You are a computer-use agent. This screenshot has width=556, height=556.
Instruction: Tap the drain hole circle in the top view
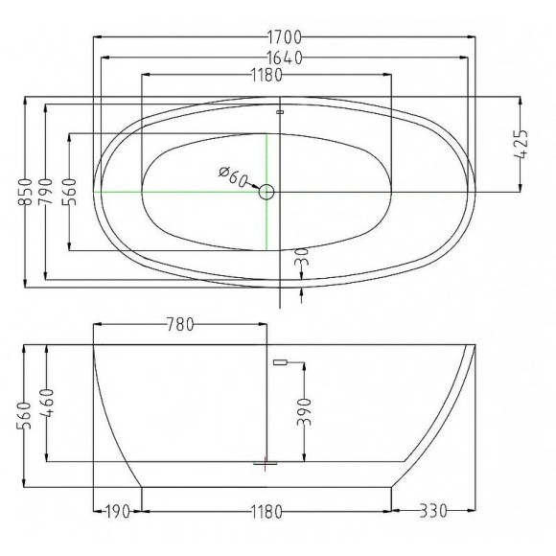[x=266, y=192]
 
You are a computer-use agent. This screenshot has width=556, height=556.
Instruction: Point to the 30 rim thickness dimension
[x=303, y=259]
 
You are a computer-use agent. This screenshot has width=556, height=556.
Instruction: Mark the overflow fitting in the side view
[x=281, y=361]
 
